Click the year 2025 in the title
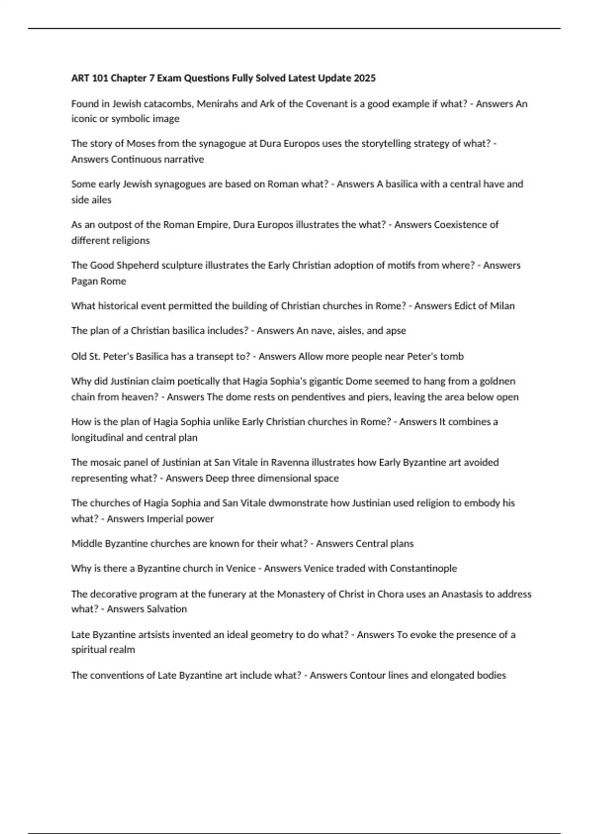[364, 78]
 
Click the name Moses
[141, 143]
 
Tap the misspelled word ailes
[101, 200]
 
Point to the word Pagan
[84, 281]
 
